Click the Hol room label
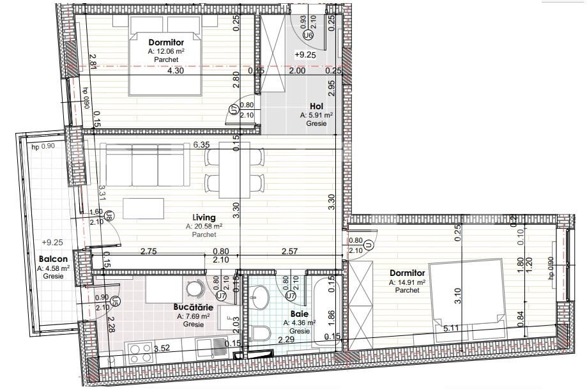click(316, 107)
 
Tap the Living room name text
click(205, 218)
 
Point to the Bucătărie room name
click(194, 307)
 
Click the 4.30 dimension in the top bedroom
click(175, 72)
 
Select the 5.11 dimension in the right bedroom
click(453, 329)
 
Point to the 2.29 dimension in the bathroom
click(286, 340)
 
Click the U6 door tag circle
click(309, 36)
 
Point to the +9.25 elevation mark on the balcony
click(52, 243)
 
